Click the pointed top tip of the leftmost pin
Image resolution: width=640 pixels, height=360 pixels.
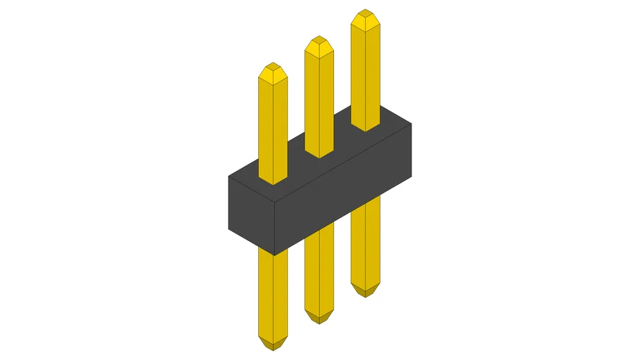coord(273,69)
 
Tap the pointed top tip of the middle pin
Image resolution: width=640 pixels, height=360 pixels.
coord(319,42)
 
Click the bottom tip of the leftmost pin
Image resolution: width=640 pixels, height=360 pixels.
coord(273,345)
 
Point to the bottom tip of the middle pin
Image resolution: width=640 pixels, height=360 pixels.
coord(319,318)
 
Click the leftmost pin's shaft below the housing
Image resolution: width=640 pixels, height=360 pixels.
coord(273,295)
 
